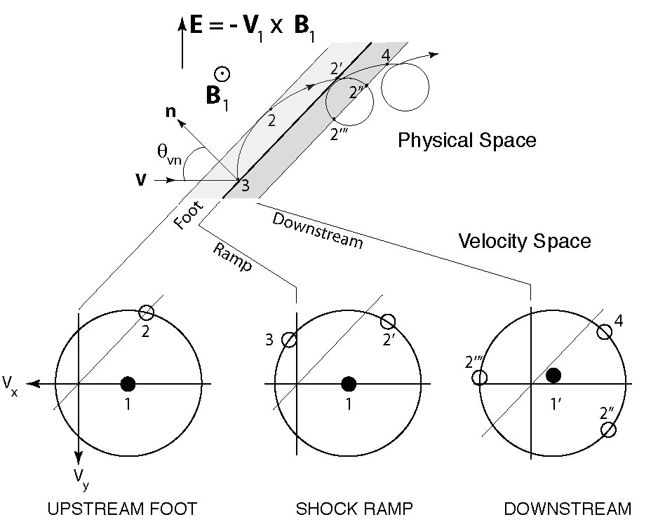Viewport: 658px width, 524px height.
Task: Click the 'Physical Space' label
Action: [x=466, y=140]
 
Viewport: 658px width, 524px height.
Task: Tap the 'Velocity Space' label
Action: [x=524, y=241]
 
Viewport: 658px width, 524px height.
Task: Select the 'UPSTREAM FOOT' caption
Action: [x=122, y=508]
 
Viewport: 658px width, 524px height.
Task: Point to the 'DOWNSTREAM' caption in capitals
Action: [x=567, y=508]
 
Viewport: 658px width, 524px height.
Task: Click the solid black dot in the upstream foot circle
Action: [x=128, y=383]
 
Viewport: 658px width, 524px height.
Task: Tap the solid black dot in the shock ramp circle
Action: [x=349, y=383]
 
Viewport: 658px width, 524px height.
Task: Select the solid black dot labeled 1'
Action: [x=553, y=375]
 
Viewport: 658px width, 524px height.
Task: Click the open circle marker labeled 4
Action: [x=604, y=331]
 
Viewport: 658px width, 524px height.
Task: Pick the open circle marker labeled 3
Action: [x=289, y=340]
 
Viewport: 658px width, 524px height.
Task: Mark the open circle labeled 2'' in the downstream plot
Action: [x=608, y=429]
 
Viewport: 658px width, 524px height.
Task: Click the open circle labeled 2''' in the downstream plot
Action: [x=480, y=378]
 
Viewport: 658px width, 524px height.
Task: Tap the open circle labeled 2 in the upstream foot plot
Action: [x=146, y=312]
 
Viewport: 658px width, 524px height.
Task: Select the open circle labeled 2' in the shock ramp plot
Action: [x=388, y=321]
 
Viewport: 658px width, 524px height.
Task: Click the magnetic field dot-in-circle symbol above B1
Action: [x=222, y=73]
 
